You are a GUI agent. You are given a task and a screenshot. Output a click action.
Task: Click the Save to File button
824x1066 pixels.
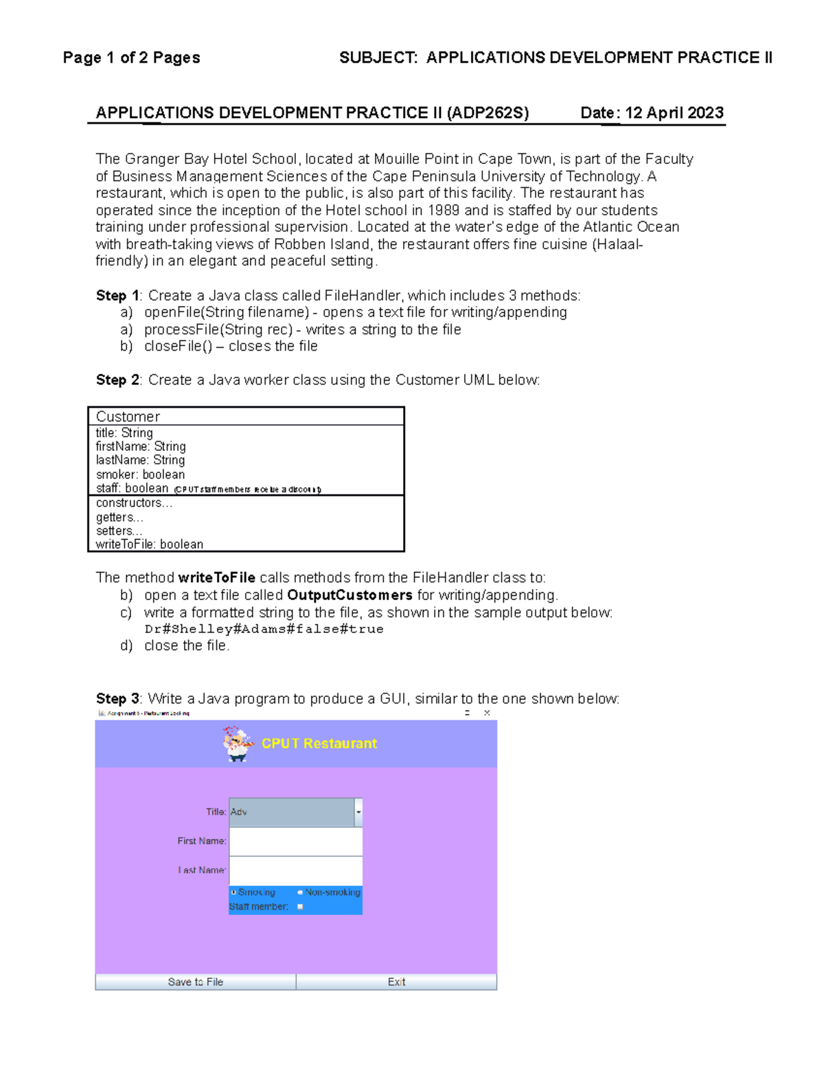pyautogui.click(x=196, y=982)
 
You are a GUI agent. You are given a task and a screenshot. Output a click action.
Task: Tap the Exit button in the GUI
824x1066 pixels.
pyautogui.click(x=396, y=982)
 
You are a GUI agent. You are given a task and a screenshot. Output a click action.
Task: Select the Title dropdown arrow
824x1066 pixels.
pyautogui.click(x=358, y=812)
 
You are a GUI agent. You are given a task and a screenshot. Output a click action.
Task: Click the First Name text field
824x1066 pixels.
pyautogui.click(x=295, y=841)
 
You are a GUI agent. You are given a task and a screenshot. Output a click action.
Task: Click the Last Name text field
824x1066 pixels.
pyautogui.click(x=295, y=870)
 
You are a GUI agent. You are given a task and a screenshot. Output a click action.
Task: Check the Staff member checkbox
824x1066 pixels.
pyautogui.click(x=300, y=907)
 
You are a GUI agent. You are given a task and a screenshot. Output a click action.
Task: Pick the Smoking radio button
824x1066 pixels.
pyautogui.click(x=234, y=892)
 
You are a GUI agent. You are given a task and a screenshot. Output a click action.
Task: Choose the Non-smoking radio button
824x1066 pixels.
pyautogui.click(x=300, y=892)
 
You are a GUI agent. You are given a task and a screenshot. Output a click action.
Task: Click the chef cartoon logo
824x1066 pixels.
pyautogui.click(x=238, y=744)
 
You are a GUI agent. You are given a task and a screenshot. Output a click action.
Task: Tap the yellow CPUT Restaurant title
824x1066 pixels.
pyautogui.click(x=319, y=743)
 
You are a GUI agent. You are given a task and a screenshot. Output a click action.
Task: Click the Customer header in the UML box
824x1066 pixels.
pyautogui.click(x=128, y=417)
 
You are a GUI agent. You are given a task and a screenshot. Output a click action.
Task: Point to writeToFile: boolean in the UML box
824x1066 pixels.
pyautogui.click(x=150, y=544)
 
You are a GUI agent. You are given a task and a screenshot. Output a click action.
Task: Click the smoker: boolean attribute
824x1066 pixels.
pyautogui.click(x=140, y=474)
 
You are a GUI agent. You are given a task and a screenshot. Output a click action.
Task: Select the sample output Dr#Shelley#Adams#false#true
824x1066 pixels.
pyautogui.click(x=264, y=629)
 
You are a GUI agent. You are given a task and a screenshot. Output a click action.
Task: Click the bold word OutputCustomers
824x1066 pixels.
pyautogui.click(x=350, y=595)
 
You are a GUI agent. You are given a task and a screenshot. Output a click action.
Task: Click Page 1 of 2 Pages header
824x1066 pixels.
pyautogui.click(x=131, y=58)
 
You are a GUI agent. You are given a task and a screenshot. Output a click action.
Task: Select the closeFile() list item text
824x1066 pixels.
pyautogui.click(x=231, y=346)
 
